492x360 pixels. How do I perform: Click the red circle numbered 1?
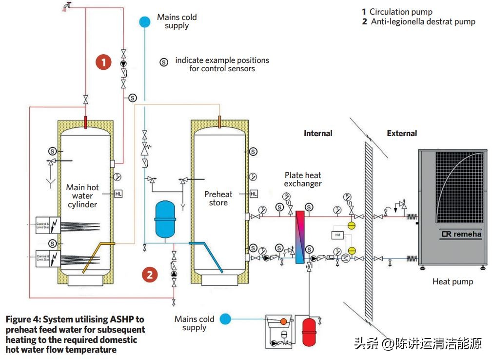tap(103, 62)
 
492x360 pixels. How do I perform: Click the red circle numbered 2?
tap(150, 274)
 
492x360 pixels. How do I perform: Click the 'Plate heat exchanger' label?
tap(303, 179)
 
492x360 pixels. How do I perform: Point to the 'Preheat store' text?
tap(218, 198)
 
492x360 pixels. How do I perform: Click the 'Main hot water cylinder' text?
tap(82, 196)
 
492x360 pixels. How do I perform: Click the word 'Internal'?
tap(318, 133)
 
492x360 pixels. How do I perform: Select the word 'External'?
tap(402, 133)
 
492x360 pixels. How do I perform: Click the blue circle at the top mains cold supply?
tap(144, 21)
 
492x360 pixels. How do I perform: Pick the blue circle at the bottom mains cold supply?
tap(225, 319)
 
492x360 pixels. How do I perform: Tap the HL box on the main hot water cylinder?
tap(118, 194)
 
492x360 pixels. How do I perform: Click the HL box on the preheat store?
tap(254, 194)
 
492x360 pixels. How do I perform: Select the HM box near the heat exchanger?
tap(337, 235)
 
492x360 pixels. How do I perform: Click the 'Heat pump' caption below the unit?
tap(453, 281)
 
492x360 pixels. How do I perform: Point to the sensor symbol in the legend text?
tap(164, 62)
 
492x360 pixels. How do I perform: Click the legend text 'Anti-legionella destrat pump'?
tap(423, 21)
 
